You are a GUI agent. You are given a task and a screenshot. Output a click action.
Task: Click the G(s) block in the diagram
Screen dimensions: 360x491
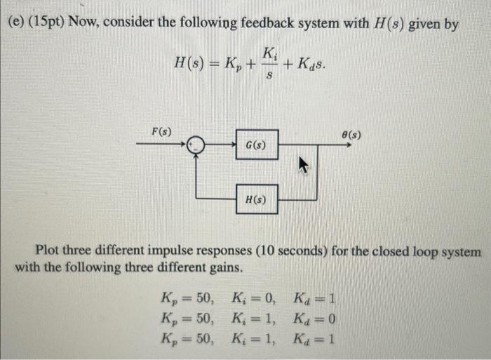click(256, 145)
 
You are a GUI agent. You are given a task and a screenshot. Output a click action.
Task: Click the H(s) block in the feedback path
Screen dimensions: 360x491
click(256, 199)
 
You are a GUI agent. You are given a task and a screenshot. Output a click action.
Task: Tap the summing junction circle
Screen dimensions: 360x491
click(196, 145)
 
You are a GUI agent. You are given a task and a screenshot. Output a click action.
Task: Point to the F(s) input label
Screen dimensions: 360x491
click(163, 131)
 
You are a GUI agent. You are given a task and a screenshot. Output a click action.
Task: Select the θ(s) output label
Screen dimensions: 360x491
click(351, 131)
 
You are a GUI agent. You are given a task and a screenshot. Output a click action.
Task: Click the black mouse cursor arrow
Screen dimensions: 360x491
click(304, 166)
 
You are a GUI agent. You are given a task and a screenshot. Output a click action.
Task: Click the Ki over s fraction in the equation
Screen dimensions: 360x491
click(270, 63)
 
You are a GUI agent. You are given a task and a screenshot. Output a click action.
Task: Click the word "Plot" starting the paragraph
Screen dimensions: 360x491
click(51, 251)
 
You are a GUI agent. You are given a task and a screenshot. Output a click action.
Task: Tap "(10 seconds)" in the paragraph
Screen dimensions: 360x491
click(292, 251)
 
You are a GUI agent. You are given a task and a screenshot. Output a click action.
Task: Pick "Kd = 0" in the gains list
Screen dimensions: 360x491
click(316, 319)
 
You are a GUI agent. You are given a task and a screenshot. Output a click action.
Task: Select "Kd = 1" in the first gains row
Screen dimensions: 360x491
click(316, 296)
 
